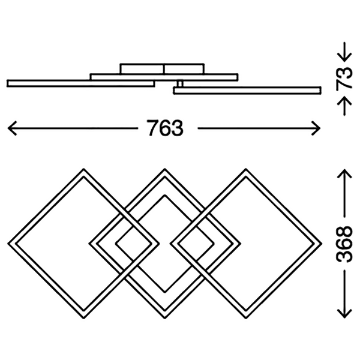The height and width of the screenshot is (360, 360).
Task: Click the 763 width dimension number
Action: coord(165,128)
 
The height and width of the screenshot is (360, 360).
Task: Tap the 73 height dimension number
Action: coord(344,77)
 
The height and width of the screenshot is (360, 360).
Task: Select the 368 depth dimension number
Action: coord(344,244)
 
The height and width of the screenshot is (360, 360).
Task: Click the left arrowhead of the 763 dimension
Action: coord(12,128)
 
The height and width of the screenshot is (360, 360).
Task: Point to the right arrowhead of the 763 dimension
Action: coord(316,128)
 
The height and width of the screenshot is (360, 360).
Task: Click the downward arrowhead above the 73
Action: coord(344,58)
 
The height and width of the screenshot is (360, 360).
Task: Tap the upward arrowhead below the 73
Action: coord(344,101)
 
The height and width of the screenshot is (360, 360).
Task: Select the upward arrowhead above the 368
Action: coord(344,174)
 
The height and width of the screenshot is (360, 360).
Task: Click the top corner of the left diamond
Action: coord(83,169)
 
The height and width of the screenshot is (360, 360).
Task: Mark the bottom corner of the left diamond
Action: coord(83,318)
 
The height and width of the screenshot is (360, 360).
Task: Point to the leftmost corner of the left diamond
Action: coord(8,244)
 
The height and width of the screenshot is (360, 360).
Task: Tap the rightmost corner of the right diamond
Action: coord(322,244)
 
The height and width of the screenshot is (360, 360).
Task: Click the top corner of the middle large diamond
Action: coord(164,169)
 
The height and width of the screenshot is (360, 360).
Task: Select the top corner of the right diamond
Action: coord(246,169)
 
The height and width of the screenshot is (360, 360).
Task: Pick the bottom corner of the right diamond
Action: coord(246,318)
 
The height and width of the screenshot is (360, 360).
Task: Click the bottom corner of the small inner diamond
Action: coord(164,293)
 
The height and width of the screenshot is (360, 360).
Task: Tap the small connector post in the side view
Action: coord(180,84)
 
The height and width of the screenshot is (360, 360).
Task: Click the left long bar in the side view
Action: coord(81,83)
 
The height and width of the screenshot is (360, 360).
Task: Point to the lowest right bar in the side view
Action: coord(247,91)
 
